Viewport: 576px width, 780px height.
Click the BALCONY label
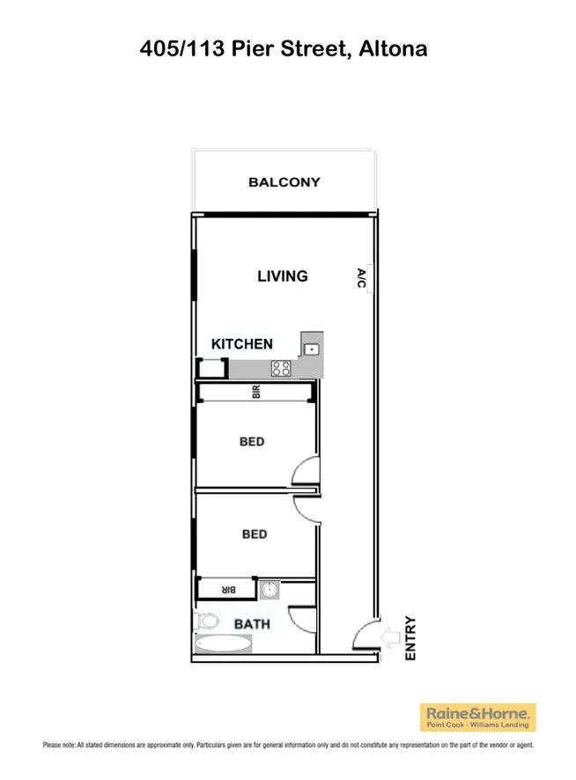(x=284, y=183)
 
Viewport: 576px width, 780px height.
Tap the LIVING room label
(x=282, y=276)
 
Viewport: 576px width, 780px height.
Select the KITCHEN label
(x=241, y=344)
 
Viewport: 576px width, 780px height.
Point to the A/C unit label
(x=361, y=278)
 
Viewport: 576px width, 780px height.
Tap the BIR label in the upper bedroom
(x=256, y=394)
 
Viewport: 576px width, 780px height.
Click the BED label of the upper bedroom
(x=252, y=441)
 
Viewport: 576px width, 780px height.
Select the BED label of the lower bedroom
(x=254, y=533)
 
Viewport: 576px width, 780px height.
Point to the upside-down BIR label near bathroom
(x=225, y=589)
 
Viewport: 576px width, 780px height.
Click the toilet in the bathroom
(x=202, y=621)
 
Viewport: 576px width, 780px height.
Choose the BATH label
(x=252, y=624)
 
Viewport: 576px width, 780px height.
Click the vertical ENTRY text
(x=410, y=638)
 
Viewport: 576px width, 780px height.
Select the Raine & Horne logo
(x=478, y=717)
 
